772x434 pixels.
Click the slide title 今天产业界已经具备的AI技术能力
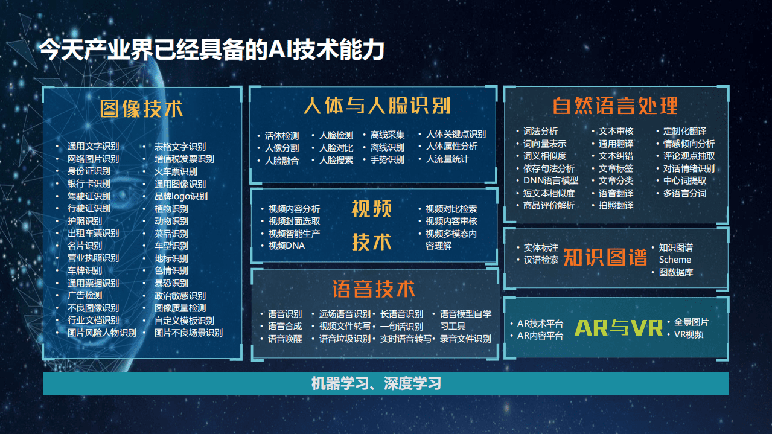(211, 49)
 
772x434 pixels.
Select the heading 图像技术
(142, 109)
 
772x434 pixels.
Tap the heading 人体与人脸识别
(376, 106)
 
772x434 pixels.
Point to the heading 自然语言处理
(615, 106)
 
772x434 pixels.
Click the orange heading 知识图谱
(605, 257)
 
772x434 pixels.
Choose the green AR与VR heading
(619, 328)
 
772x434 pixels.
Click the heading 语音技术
(374, 289)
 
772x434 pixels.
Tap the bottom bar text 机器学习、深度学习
(376, 383)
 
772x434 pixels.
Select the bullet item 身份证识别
(89, 171)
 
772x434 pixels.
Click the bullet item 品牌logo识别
(180, 196)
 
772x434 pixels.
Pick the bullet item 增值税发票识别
(184, 159)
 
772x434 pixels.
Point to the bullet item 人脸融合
(281, 161)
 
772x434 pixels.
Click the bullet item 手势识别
(387, 160)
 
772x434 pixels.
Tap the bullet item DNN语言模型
(550, 180)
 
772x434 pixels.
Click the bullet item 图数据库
(675, 272)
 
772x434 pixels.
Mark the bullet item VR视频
(688, 334)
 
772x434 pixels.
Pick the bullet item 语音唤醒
(285, 339)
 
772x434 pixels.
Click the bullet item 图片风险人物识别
(101, 333)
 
